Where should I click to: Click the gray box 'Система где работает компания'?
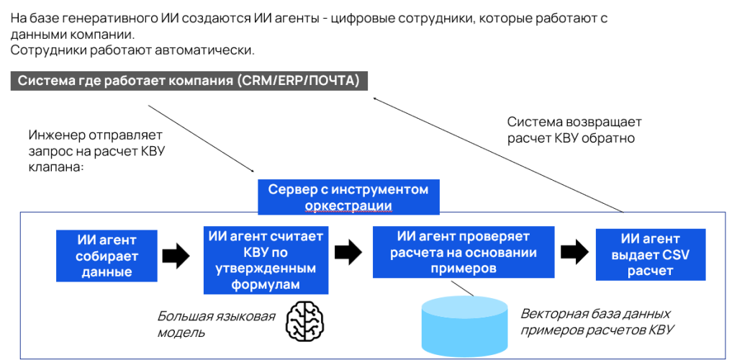[189, 81]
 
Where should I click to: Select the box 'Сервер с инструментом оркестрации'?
[348, 197]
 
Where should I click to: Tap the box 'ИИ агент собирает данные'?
[107, 256]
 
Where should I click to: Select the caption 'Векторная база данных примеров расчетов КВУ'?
[597, 322]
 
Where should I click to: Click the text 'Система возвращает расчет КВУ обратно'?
[574, 130]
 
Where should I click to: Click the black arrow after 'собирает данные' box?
[175, 255]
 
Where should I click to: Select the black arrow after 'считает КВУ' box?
[348, 251]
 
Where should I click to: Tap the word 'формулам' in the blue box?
[266, 285]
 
